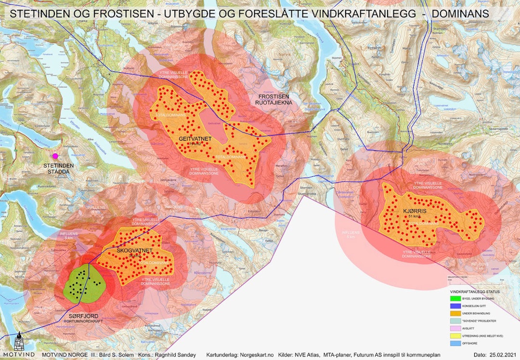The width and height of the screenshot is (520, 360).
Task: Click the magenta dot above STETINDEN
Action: click(x=55, y=156)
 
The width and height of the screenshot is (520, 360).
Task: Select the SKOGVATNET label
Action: click(x=135, y=251)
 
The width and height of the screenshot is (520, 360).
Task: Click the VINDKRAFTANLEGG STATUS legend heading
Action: click(x=474, y=292)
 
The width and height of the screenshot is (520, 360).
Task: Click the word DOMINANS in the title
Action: click(x=460, y=14)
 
